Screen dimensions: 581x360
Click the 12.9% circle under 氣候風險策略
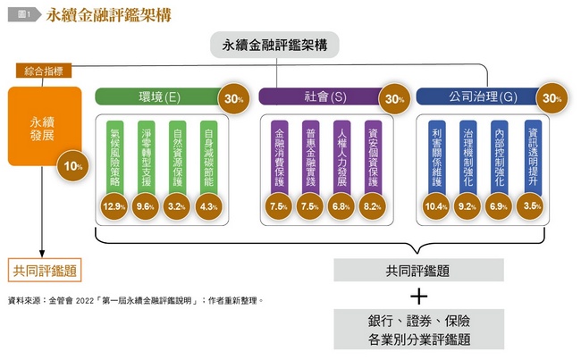(114, 206)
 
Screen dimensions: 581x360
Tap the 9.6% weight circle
(145, 206)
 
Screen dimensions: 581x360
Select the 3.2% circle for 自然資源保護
(177, 206)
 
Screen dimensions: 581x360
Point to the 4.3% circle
(208, 206)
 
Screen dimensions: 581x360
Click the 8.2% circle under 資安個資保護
(373, 206)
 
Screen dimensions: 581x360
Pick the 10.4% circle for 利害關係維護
(436, 206)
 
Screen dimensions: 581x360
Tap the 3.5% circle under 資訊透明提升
(532, 205)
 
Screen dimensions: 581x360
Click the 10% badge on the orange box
(73, 166)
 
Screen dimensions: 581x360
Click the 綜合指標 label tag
(44, 71)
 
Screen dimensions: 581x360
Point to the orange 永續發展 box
(45, 126)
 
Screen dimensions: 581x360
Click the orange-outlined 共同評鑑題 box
(45, 271)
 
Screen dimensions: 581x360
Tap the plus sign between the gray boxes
(419, 297)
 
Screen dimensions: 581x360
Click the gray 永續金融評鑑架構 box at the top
(274, 45)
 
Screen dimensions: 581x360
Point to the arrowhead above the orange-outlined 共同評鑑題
(42, 254)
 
